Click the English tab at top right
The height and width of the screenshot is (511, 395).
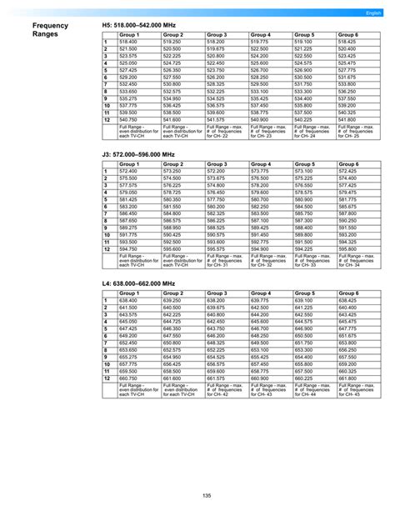[x=372, y=14]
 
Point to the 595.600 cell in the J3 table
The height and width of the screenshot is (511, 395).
[x=172, y=248]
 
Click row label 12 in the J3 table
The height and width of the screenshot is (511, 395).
[x=107, y=248]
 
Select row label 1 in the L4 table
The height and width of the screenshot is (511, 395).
[x=106, y=300]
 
